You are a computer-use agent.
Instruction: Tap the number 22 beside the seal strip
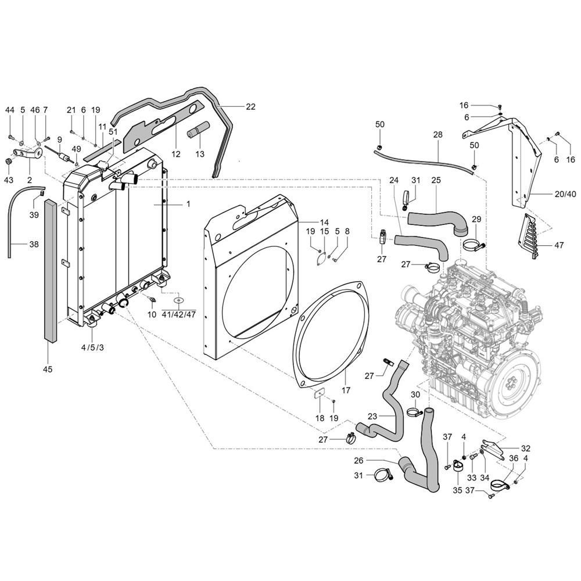point(250,106)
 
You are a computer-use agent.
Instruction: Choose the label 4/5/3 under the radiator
point(92,347)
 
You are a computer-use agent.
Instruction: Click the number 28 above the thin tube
point(437,134)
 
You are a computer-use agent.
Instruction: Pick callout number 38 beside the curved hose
point(34,245)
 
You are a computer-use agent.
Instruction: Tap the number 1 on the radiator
point(188,205)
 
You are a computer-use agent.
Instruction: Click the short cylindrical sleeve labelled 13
point(198,134)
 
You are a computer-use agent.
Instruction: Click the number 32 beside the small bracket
point(525,448)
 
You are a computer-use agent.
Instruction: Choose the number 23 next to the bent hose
point(372,416)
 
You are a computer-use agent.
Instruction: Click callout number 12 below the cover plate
point(176,154)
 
